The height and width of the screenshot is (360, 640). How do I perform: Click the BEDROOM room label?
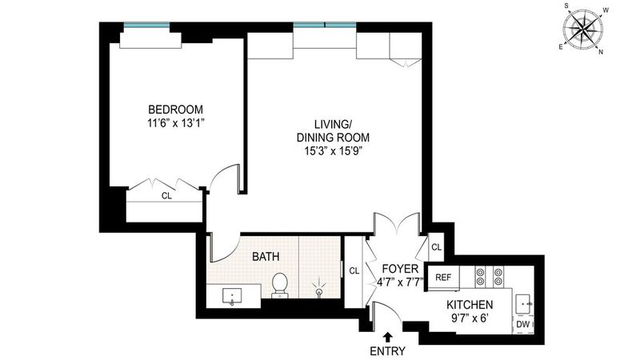point(175,110)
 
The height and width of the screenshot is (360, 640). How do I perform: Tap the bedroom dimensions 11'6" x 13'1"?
point(175,123)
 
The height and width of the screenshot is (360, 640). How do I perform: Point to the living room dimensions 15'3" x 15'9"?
point(334,151)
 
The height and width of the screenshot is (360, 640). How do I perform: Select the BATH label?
point(266,256)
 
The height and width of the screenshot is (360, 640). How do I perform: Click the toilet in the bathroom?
point(280,285)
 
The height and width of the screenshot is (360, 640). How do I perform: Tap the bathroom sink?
point(232,296)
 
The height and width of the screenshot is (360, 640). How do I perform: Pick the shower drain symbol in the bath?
point(318,291)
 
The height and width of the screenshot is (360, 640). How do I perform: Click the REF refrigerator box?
point(443,278)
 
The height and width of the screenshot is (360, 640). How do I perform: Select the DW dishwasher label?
point(523,325)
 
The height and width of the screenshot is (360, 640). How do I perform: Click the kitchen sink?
point(523,304)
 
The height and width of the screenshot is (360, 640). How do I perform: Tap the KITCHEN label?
point(470,305)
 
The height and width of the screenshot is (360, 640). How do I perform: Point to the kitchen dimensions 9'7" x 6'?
point(470,318)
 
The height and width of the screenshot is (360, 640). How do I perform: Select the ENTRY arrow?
point(387,336)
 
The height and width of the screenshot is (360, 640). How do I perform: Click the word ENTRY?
point(387,351)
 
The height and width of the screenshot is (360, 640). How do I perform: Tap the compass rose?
point(583,29)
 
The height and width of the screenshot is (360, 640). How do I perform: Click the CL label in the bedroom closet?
point(166,196)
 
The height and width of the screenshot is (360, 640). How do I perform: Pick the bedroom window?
point(147,26)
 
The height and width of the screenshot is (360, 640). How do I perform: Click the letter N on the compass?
point(601,52)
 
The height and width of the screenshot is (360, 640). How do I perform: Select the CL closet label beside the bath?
point(354,270)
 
